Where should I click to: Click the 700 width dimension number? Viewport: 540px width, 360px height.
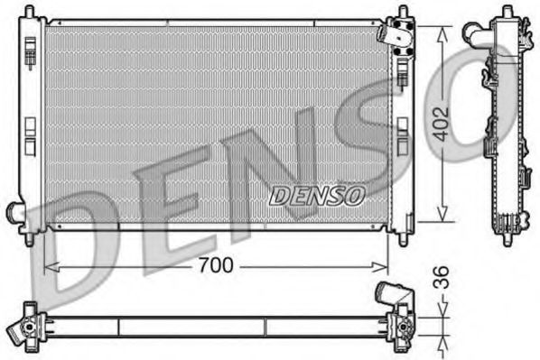(215, 265)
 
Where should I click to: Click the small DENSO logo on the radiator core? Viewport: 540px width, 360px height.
(316, 194)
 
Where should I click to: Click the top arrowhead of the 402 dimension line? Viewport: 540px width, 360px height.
(442, 31)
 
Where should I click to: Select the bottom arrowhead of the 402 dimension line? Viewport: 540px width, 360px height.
(442, 217)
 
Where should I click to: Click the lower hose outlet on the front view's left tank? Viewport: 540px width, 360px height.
(14, 212)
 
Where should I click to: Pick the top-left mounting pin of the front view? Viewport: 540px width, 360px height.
(31, 12)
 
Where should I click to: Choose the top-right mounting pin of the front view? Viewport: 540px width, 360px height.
(401, 13)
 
